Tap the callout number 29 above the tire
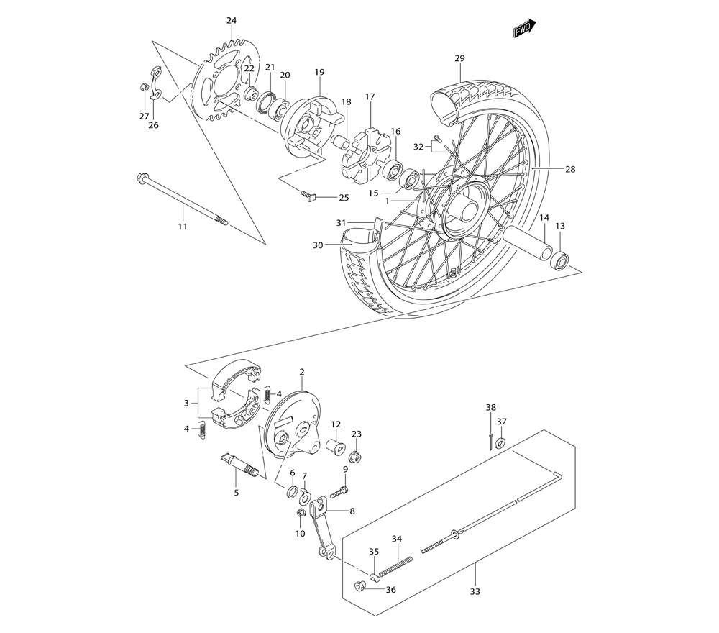459,58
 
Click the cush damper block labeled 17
367,152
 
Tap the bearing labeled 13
561,258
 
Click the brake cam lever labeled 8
321,528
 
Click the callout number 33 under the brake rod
475,592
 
